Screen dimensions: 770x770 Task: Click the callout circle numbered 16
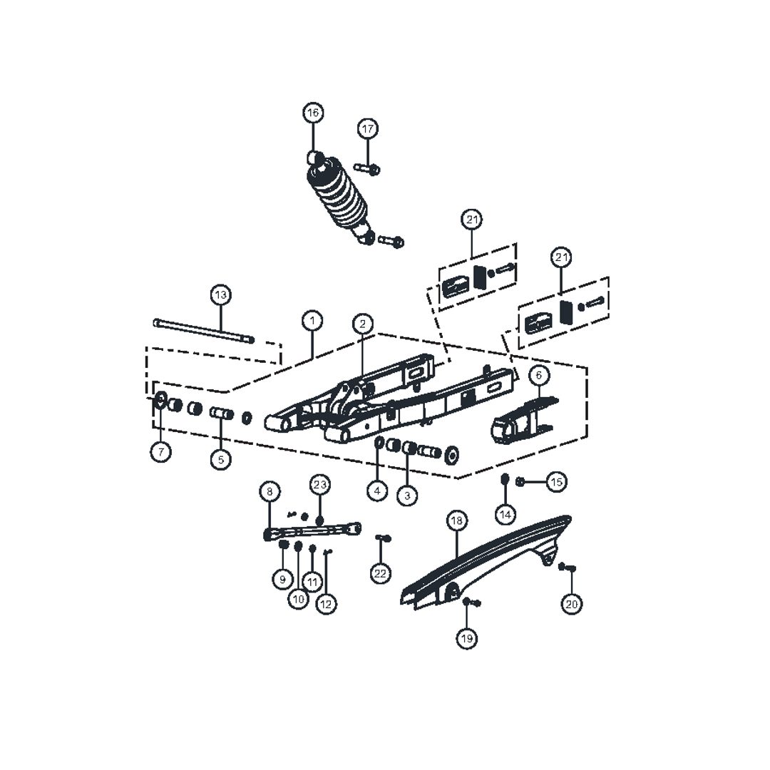click(x=313, y=113)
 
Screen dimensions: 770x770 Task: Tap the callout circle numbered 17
click(x=368, y=129)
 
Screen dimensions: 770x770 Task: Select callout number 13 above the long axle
click(x=220, y=295)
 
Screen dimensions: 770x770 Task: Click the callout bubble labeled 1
click(x=312, y=321)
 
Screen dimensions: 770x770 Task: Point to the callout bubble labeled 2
click(x=362, y=324)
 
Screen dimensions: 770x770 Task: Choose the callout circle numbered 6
click(x=539, y=375)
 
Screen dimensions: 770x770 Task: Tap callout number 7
click(x=161, y=451)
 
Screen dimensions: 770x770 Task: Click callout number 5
click(x=220, y=460)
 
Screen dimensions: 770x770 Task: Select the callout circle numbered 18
click(x=457, y=520)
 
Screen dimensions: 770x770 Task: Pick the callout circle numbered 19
click(x=466, y=638)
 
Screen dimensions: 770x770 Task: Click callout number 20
click(x=572, y=604)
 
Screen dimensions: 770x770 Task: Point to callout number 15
click(x=556, y=482)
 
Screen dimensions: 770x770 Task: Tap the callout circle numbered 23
click(x=319, y=485)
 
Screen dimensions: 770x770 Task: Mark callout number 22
click(x=381, y=573)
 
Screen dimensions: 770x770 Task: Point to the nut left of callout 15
click(x=520, y=482)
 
